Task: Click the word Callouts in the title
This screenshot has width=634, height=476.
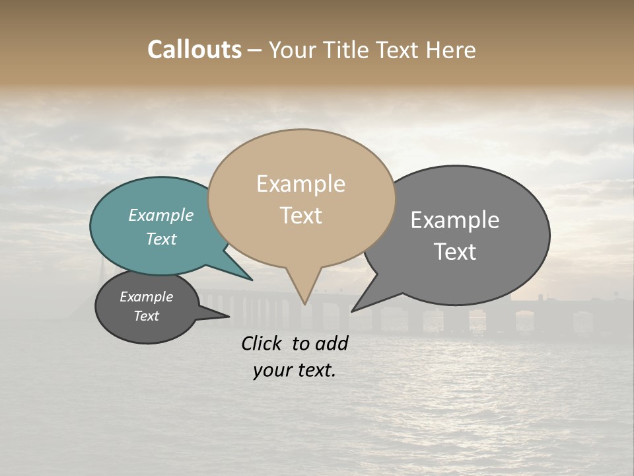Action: point(194,50)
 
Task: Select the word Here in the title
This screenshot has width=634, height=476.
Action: point(452,50)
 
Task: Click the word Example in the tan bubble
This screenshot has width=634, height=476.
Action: point(300,184)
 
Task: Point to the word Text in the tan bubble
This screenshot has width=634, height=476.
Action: point(300,216)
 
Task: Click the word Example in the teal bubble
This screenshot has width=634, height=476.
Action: point(161,215)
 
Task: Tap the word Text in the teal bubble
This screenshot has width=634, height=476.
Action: point(161,239)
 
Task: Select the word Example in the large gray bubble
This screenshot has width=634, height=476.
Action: point(455,220)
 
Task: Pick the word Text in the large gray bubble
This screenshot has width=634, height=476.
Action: point(455,252)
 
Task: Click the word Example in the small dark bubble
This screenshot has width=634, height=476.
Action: point(146,297)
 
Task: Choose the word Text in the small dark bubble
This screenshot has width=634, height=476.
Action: point(146,316)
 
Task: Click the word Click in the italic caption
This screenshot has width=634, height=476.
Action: point(263,343)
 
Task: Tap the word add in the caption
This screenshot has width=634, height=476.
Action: point(332,343)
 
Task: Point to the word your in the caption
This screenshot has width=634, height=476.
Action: point(271,370)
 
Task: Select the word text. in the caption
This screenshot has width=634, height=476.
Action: point(314,370)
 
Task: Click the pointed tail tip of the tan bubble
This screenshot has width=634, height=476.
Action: point(305,304)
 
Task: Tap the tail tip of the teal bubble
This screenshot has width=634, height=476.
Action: point(252,280)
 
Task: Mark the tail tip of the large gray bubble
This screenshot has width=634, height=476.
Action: point(352,311)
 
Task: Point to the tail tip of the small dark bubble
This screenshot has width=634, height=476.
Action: point(229,317)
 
